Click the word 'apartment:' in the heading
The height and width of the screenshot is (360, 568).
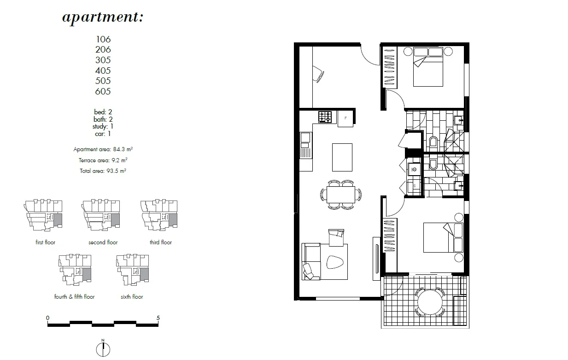pos(103,18)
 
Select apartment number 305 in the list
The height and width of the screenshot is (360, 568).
pos(103,60)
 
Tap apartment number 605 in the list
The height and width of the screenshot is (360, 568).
pos(103,91)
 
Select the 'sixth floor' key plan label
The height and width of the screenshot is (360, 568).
pos(132,297)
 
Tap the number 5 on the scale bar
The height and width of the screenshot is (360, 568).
pos(158,318)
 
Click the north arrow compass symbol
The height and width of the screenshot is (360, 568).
pos(103,348)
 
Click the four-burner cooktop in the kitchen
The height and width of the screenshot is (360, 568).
pos(325,117)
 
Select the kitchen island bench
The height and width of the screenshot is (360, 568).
pos(342,157)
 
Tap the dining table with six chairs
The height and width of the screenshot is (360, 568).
pos(341,194)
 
